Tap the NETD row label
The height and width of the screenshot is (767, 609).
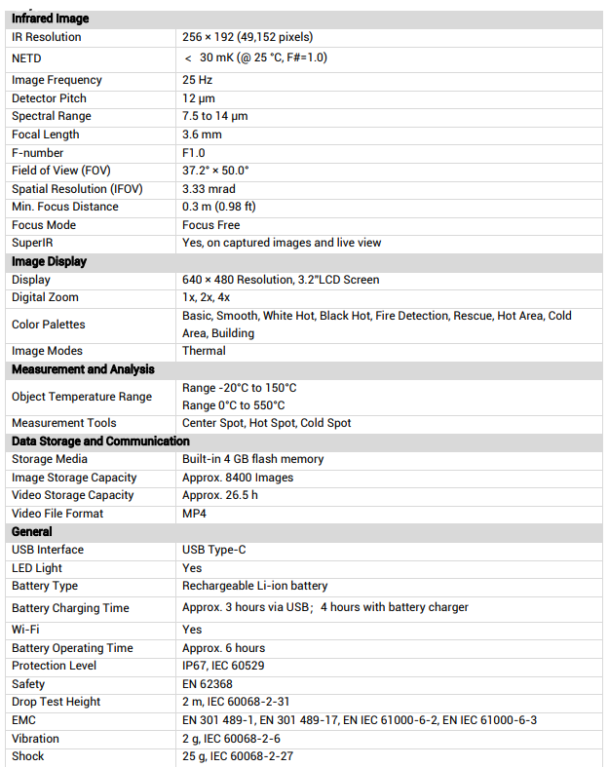coord(26,58)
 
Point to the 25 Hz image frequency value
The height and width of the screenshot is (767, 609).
coord(197,80)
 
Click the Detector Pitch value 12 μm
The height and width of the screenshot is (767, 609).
coord(199,98)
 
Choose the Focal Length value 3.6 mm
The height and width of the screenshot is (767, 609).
coord(202,134)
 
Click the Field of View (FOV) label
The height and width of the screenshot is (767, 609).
coord(61,171)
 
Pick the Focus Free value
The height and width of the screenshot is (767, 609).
coord(210,225)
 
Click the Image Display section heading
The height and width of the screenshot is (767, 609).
coord(49,261)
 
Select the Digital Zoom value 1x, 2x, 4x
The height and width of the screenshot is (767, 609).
coord(207,297)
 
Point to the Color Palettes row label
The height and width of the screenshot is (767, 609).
coord(49,325)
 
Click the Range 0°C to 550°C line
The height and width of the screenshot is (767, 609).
coord(234,405)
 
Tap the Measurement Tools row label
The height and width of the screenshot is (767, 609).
coord(63,423)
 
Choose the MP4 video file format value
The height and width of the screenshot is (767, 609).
coord(194,514)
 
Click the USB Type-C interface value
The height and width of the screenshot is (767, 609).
coord(214,550)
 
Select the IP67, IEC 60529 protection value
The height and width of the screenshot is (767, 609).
coord(223,666)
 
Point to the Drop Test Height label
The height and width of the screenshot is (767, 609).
coord(56,702)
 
